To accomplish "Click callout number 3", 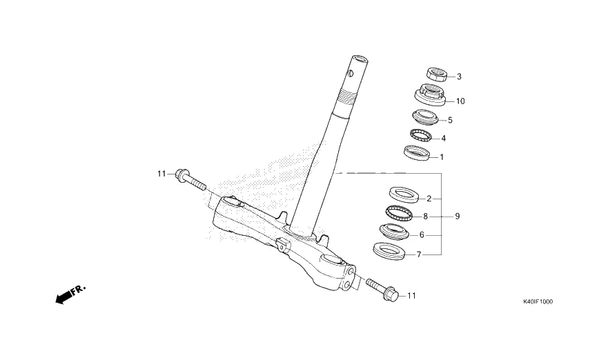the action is click(x=459, y=77).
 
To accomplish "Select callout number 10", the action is click(x=460, y=101).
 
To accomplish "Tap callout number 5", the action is click(x=450, y=120).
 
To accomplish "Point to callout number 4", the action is click(x=443, y=138).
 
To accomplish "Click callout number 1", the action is click(x=442, y=157).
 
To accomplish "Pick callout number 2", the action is click(x=429, y=199).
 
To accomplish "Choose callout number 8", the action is click(x=426, y=216).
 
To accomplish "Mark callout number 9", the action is click(x=457, y=216).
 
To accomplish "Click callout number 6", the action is click(x=422, y=234).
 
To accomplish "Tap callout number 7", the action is click(x=418, y=254).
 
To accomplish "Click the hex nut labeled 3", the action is click(x=436, y=74).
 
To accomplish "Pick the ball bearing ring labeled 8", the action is click(x=398, y=213).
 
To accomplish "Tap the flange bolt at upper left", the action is click(x=190, y=180).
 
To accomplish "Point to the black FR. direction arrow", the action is click(x=64, y=297).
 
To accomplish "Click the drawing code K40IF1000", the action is click(x=538, y=301).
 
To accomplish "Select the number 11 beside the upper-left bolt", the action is click(x=161, y=174).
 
